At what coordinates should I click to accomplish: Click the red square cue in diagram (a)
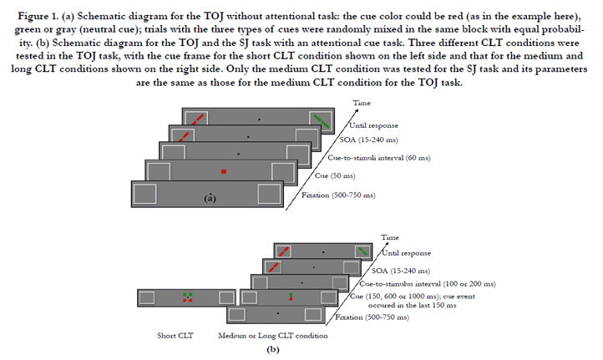pyautogui.click(x=224, y=171)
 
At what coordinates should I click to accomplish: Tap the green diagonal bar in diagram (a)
pyautogui.click(x=322, y=121)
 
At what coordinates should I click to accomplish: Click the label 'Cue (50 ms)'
pyautogui.click(x=335, y=175)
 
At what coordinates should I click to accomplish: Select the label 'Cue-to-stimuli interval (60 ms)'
pyautogui.click(x=379, y=158)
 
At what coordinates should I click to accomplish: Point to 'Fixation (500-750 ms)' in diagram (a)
pyautogui.click(x=338, y=195)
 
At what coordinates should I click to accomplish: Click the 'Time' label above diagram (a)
pyautogui.click(x=362, y=103)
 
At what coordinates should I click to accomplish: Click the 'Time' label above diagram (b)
pyautogui.click(x=390, y=237)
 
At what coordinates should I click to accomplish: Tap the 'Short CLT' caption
pyautogui.click(x=175, y=336)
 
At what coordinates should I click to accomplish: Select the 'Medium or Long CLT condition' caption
pyautogui.click(x=273, y=336)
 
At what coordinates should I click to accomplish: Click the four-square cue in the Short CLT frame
pyautogui.click(x=188, y=297)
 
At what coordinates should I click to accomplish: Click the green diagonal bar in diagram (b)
pyautogui.click(x=363, y=252)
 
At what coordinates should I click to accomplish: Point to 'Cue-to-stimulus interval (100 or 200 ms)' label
pyautogui.click(x=428, y=284)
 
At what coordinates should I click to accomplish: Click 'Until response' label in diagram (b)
pyautogui.click(x=406, y=253)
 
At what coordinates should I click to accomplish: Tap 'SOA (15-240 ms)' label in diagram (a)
pyautogui.click(x=368, y=139)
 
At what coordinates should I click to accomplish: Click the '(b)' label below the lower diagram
pyautogui.click(x=273, y=350)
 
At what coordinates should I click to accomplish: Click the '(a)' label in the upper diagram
pyautogui.click(x=210, y=198)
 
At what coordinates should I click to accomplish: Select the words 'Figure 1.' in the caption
pyautogui.click(x=38, y=16)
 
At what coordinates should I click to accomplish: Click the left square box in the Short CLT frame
pyautogui.click(x=147, y=297)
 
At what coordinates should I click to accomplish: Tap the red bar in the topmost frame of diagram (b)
pyautogui.click(x=283, y=252)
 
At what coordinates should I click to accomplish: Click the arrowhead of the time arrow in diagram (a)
pyautogui.click(x=356, y=111)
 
